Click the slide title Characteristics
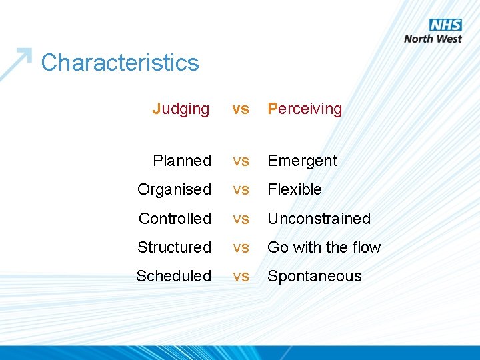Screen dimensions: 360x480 [120, 63]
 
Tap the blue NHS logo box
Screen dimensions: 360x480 [445, 25]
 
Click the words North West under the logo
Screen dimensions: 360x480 [433, 39]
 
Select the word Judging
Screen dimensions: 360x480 [181, 109]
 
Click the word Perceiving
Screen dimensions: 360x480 [305, 109]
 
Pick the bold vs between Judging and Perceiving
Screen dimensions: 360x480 [241, 109]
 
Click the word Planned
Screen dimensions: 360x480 [182, 161]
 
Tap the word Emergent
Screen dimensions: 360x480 [303, 161]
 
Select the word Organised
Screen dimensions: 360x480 [174, 189]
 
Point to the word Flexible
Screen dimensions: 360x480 [295, 189]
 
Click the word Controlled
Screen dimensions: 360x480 [175, 219]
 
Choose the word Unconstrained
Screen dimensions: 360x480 [319, 219]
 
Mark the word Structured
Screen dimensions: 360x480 [174, 247]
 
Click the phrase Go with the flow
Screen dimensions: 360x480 [324, 247]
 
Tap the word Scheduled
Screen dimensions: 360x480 [173, 276]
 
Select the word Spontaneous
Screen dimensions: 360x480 [315, 276]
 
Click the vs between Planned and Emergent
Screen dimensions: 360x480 [241, 161]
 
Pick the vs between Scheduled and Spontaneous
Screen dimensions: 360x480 [241, 276]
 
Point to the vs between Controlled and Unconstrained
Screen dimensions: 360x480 [241, 219]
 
